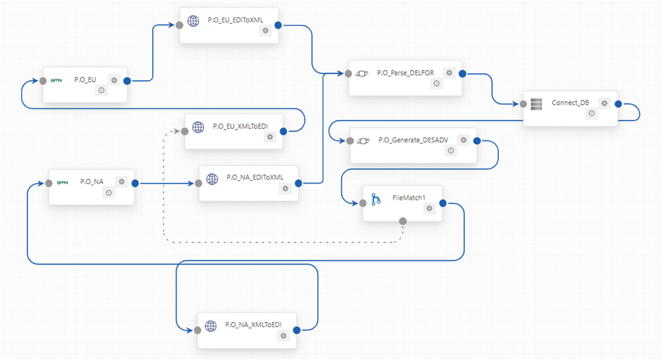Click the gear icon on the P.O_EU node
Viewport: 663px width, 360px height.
[x=114, y=80]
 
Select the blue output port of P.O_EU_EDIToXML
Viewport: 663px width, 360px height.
[x=278, y=26]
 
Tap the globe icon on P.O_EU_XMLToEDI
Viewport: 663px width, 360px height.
[x=198, y=127]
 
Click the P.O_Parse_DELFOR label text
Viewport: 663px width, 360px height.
[x=405, y=73]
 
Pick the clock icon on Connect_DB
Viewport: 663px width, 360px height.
[x=591, y=114]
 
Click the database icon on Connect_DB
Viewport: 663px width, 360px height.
[x=536, y=104]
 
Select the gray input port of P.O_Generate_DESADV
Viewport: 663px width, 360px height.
[x=350, y=141]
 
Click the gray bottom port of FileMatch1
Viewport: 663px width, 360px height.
[x=403, y=221]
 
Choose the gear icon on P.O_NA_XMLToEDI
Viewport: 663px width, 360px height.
[x=283, y=336]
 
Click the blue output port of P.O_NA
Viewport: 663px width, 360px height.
[x=135, y=183]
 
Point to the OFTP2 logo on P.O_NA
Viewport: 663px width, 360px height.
[x=62, y=183]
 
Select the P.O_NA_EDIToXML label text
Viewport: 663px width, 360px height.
[x=255, y=177]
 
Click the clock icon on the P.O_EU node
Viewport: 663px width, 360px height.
[x=102, y=90]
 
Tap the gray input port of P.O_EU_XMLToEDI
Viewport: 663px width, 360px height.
[x=185, y=132]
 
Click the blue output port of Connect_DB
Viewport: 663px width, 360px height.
[x=618, y=104]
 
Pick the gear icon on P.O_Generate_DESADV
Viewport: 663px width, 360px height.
[x=463, y=140]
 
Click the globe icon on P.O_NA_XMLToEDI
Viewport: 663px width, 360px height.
[x=211, y=326]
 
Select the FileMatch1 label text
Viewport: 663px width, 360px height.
[x=409, y=198]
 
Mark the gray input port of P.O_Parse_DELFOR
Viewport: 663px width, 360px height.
[x=349, y=74]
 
